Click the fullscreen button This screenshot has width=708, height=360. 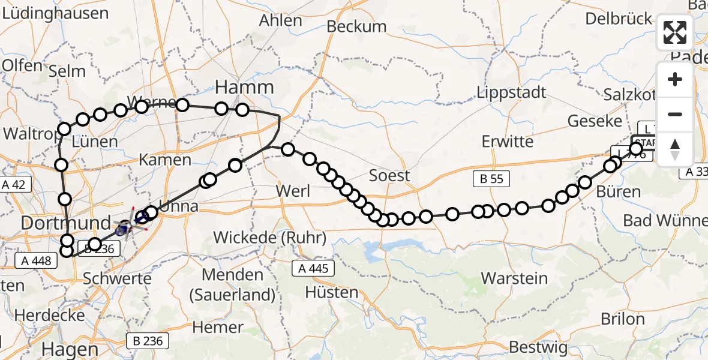coord(675,32)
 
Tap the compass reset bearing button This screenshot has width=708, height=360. coord(675,149)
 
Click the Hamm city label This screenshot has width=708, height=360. coord(244,88)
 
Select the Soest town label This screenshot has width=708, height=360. coord(389,175)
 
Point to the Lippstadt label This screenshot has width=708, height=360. coord(512,92)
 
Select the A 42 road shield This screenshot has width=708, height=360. coord(13,185)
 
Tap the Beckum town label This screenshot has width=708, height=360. coord(356,26)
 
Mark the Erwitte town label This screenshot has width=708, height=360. coord(507,142)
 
